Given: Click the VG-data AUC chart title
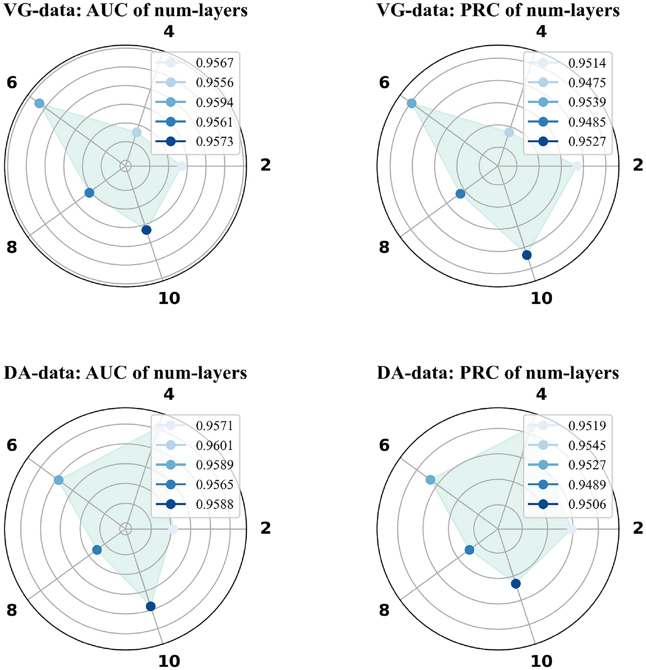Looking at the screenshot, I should (126, 11).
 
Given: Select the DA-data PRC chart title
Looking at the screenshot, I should (498, 373).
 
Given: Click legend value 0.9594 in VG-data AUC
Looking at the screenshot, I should (214, 103).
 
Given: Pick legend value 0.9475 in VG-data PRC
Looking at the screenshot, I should (587, 83).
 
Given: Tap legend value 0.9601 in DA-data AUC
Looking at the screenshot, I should (214, 446).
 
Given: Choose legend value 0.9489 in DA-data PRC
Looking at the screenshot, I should (587, 485).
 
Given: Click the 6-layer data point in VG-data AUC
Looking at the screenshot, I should (39, 104).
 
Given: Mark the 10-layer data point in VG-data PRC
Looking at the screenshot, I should (527, 255).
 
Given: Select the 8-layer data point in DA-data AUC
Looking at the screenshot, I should (97, 550).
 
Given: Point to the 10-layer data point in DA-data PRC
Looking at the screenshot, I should (515, 584).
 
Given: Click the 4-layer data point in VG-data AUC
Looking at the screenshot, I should (136, 132).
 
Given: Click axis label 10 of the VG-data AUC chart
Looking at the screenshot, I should (169, 299).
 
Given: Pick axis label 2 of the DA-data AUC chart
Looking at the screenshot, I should (265, 528).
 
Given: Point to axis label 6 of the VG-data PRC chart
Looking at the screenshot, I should (384, 83).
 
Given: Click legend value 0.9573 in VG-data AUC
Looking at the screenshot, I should (214, 142).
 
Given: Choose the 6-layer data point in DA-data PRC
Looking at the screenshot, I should (430, 480).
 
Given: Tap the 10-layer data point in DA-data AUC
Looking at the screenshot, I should (150, 607).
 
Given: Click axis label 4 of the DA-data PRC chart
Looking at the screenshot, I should (541, 394).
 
